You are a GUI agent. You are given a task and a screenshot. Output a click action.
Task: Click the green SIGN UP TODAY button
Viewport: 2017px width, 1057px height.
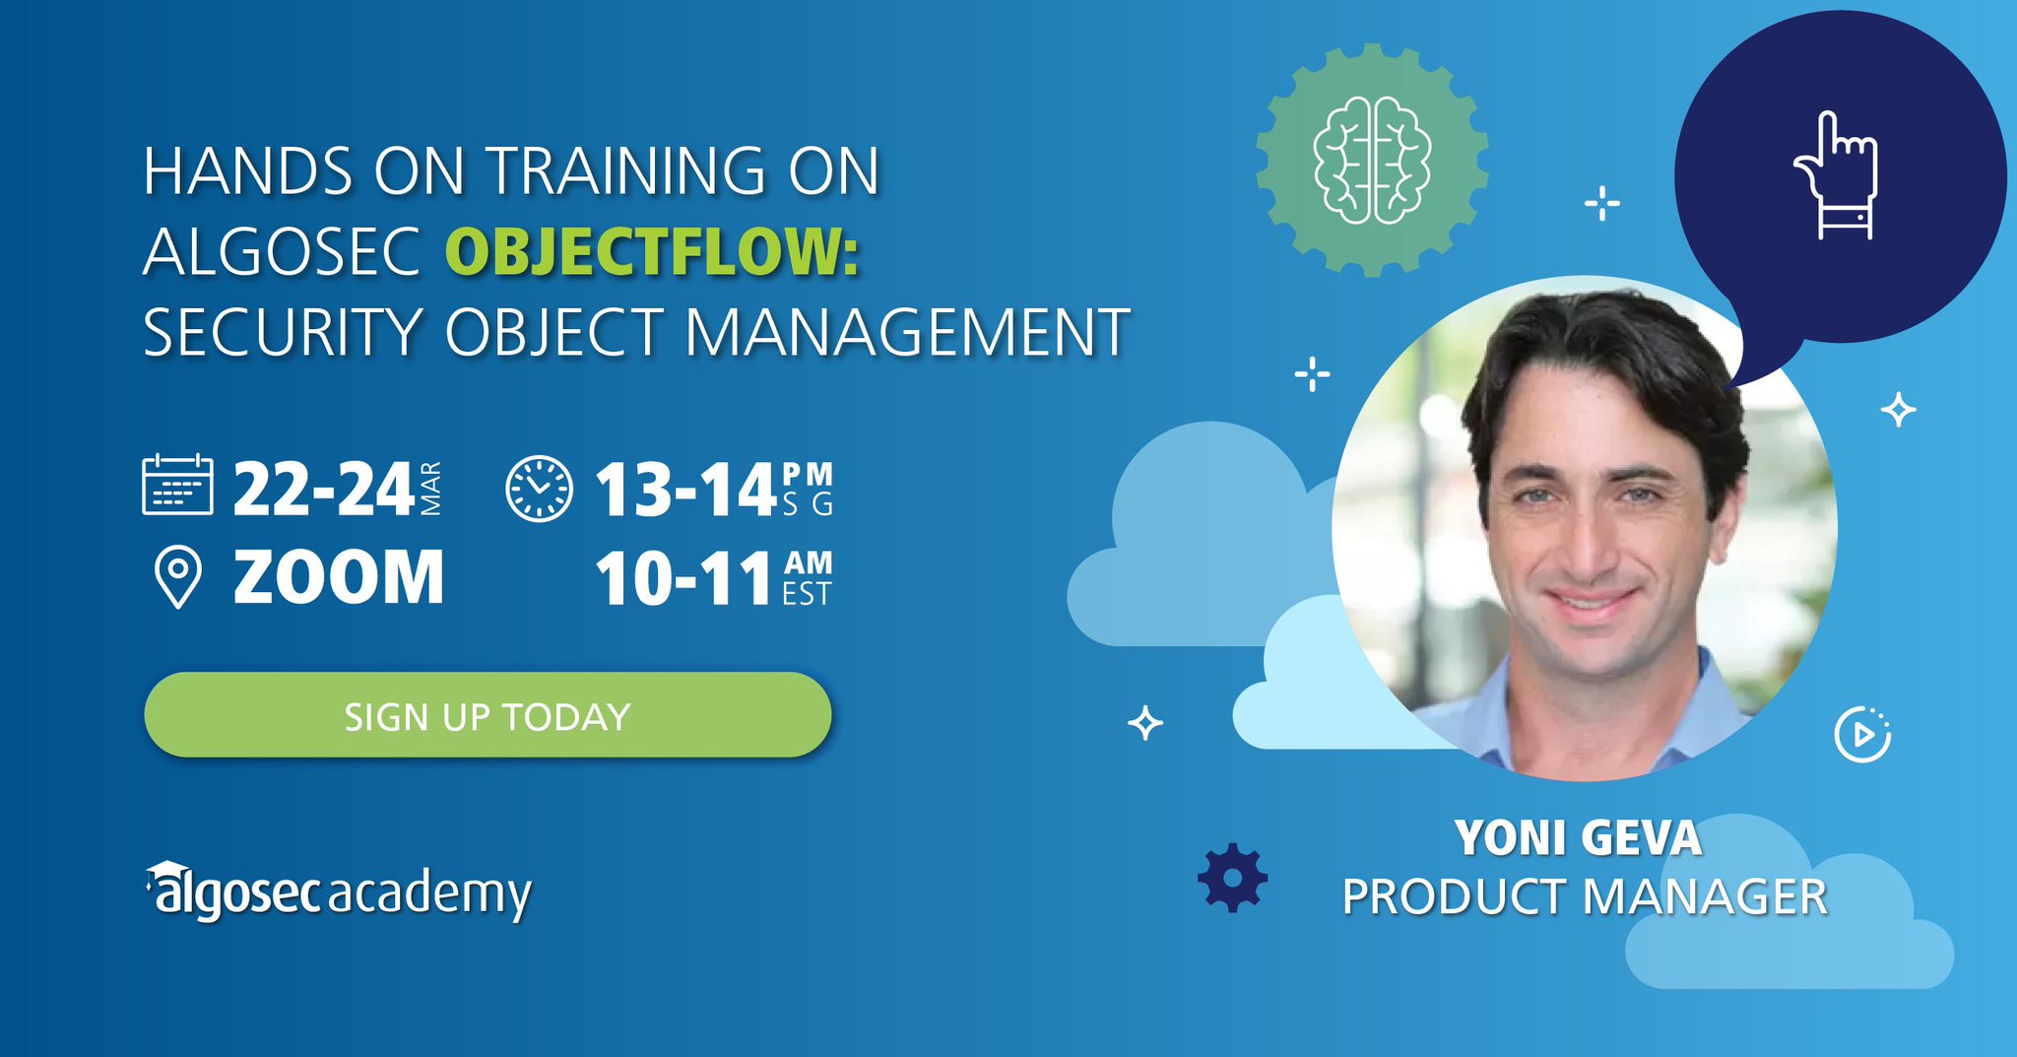click(x=488, y=715)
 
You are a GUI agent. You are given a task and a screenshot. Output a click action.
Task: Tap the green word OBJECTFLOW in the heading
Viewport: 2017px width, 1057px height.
click(x=652, y=251)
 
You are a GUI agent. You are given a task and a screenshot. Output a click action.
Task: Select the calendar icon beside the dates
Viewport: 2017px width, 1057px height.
click(x=177, y=485)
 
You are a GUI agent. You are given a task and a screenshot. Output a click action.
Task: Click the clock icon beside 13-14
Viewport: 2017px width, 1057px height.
click(x=539, y=488)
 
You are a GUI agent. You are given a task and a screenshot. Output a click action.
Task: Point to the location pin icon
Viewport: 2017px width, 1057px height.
click(x=178, y=577)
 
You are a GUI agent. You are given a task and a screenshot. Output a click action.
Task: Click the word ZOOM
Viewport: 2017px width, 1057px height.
click(x=339, y=577)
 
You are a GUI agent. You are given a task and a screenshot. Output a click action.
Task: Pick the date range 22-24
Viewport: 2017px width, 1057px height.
click(x=323, y=489)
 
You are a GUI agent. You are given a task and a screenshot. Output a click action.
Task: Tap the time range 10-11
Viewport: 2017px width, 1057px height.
click(x=683, y=579)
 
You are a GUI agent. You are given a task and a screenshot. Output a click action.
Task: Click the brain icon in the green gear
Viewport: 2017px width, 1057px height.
click(x=1372, y=160)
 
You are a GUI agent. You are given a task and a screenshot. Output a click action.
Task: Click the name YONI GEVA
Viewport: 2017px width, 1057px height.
click(x=1578, y=838)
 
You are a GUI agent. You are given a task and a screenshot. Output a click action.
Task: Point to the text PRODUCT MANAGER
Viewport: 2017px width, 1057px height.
click(x=1584, y=897)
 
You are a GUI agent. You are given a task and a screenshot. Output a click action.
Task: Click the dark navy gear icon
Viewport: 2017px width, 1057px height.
click(x=1232, y=877)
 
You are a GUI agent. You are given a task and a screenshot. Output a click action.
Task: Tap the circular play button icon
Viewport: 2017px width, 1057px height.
click(x=1861, y=735)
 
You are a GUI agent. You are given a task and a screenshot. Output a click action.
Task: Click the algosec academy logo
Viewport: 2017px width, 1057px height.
click(x=340, y=892)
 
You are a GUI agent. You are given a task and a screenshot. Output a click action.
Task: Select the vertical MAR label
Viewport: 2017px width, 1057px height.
click(x=430, y=489)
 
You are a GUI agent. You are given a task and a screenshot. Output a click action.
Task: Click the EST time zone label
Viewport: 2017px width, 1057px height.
click(x=807, y=594)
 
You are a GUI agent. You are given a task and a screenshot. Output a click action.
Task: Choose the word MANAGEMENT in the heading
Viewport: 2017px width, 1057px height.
click(x=906, y=332)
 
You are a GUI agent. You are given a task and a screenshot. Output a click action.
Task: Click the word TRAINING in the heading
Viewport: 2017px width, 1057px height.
click(x=626, y=171)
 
